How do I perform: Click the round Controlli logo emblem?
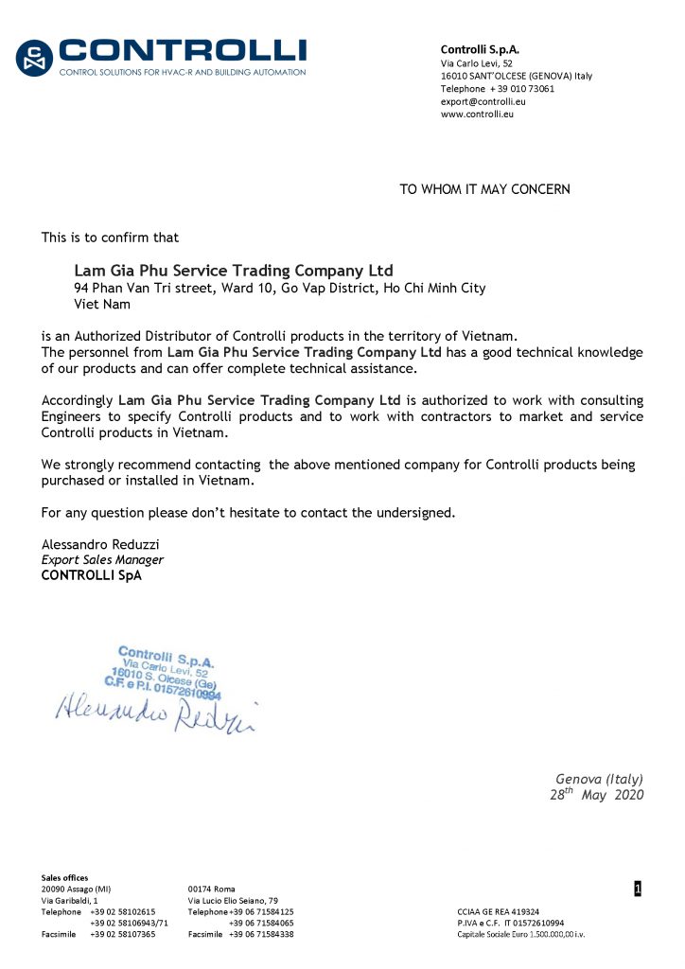click(x=35, y=59)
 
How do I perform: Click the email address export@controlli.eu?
click(x=483, y=101)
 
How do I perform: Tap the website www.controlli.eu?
click(x=477, y=114)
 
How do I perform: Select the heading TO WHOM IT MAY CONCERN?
click(x=484, y=189)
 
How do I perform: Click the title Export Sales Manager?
click(x=96, y=559)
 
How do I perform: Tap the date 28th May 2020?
click(x=596, y=795)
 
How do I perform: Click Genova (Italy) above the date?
click(x=599, y=779)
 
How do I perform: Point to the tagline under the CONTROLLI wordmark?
click(x=183, y=72)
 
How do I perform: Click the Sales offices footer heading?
click(x=64, y=877)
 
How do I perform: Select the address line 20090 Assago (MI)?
click(x=76, y=889)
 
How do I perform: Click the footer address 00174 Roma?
click(x=212, y=889)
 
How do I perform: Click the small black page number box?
click(x=638, y=889)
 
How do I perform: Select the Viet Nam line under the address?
click(x=102, y=304)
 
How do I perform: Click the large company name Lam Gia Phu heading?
click(x=233, y=271)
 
